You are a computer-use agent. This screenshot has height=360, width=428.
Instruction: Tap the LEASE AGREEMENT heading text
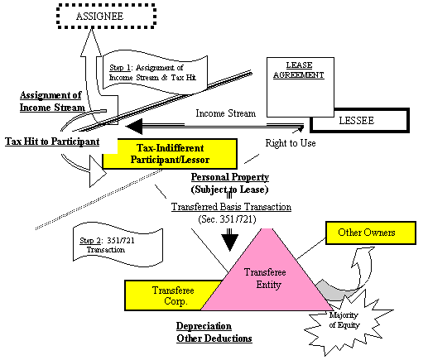click(299, 70)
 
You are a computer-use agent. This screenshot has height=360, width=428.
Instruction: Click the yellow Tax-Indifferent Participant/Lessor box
click(170, 154)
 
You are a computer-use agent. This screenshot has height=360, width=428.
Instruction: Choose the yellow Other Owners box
click(371, 233)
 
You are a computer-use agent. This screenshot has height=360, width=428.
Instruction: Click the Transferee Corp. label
click(173, 295)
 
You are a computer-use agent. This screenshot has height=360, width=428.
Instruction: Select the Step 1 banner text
click(152, 73)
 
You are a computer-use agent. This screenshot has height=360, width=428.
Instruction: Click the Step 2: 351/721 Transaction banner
click(118, 245)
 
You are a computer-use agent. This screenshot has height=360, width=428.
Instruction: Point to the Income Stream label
click(226, 113)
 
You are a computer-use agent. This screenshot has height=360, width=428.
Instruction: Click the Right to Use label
click(291, 143)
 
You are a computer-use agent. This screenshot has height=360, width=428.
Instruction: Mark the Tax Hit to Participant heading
click(52, 142)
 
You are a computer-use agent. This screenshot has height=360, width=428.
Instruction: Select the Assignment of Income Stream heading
click(52, 101)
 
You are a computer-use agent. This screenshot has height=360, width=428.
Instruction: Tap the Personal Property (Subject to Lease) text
click(230, 183)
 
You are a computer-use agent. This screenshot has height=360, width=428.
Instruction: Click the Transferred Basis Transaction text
click(231, 207)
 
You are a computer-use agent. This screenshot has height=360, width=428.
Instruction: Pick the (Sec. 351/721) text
click(227, 219)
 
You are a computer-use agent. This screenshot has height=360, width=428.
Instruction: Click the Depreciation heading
click(204, 326)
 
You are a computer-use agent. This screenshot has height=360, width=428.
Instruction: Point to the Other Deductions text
click(214, 338)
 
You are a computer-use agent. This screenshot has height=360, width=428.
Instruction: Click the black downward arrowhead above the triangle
click(230, 242)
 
